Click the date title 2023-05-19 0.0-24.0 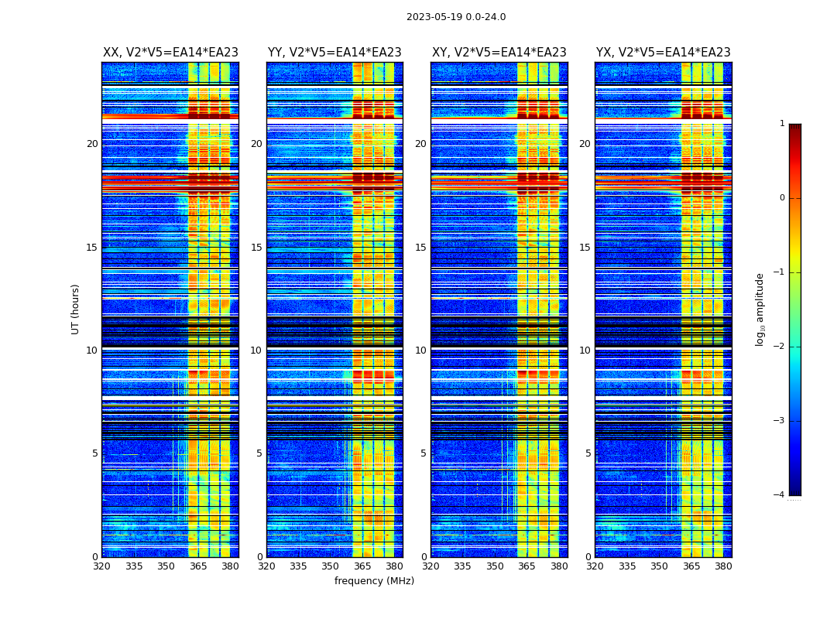click(456, 17)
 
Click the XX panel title click(170, 53)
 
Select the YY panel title click(334, 53)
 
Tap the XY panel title click(499, 53)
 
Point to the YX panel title click(663, 53)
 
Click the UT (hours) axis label click(76, 309)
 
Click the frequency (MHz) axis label click(374, 581)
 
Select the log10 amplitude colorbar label click(760, 309)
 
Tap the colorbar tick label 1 click(782, 124)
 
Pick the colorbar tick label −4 click(780, 495)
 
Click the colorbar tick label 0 click(782, 198)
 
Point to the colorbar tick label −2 click(780, 347)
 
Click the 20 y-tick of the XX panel click(92, 144)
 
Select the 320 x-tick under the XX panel click(101, 566)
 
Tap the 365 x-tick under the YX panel click(691, 566)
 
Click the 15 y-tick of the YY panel click(256, 248)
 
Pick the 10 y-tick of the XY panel click(420, 351)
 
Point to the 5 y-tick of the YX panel click(588, 453)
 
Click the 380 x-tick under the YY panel click(394, 566)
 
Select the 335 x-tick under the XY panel click(463, 566)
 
